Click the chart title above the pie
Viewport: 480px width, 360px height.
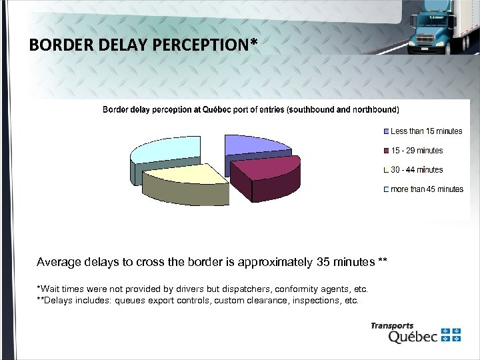[x=251, y=109]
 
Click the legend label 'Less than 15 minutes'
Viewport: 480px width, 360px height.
[x=426, y=131]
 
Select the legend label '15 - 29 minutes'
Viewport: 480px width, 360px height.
[x=417, y=151]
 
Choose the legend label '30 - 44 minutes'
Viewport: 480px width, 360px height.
[x=417, y=170]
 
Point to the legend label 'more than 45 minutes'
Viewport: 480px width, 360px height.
[x=427, y=189]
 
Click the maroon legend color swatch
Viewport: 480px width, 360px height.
[x=387, y=151]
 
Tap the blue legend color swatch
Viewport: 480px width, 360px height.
[x=387, y=131]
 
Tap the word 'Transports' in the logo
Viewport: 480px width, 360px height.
[x=392, y=326]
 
